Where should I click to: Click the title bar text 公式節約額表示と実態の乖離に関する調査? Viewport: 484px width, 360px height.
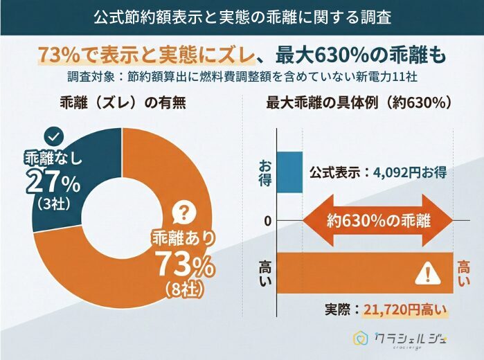coord(242,17)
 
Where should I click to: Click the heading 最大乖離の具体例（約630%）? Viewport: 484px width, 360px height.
coord(359,103)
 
